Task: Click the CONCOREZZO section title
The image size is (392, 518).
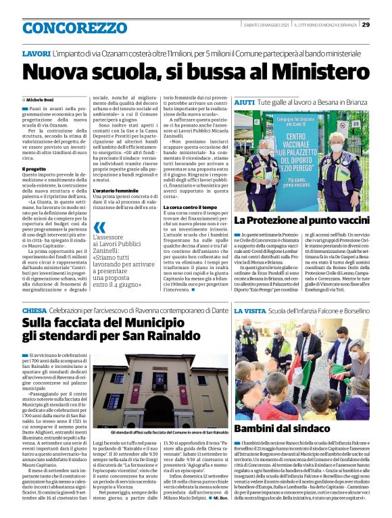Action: tap(74, 28)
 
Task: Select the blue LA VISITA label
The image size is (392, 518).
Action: tap(252, 310)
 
